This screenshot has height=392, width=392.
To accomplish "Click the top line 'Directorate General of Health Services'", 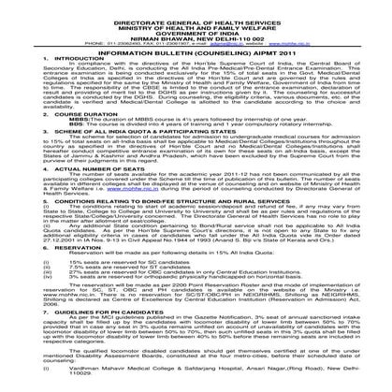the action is tap(196, 22).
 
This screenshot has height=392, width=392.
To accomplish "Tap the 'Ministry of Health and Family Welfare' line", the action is tap(196, 28).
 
